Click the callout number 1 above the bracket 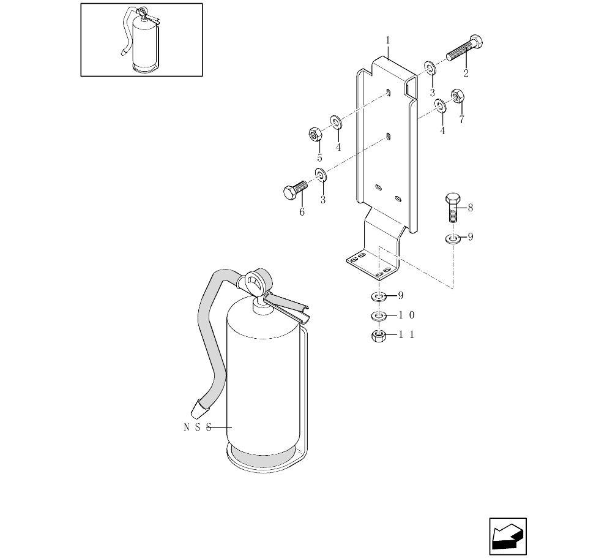(x=387, y=40)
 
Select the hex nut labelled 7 (x=456, y=97)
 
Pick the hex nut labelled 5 (x=315, y=134)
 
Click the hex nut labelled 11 (x=379, y=336)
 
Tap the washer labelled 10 (x=379, y=316)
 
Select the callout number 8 (x=470, y=208)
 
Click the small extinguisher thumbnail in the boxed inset (x=142, y=40)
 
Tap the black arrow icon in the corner (x=508, y=537)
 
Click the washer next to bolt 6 (x=321, y=176)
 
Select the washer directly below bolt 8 (x=453, y=238)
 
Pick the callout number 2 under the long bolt (x=466, y=74)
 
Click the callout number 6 (x=302, y=213)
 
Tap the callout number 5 (x=319, y=158)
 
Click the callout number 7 (x=461, y=119)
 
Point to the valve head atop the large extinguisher (x=256, y=282)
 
